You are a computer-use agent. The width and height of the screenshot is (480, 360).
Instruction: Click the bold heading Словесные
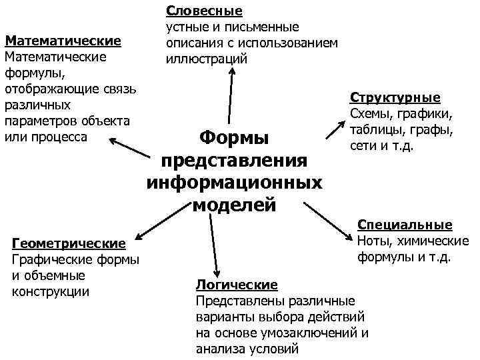point(204,11)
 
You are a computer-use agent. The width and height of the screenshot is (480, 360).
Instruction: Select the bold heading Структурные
point(395,97)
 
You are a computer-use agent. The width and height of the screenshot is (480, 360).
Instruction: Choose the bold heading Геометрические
point(69,244)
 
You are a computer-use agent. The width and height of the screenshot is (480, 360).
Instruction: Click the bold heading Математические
point(63,41)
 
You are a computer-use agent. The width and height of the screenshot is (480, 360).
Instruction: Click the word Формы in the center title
point(234,138)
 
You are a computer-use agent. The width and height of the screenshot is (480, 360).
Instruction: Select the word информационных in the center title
point(234,182)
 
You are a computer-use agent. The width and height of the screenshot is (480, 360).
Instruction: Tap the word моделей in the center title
point(234,204)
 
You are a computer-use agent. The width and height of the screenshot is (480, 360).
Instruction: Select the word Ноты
point(373,241)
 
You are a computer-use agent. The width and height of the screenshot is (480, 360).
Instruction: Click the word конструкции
point(51,291)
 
